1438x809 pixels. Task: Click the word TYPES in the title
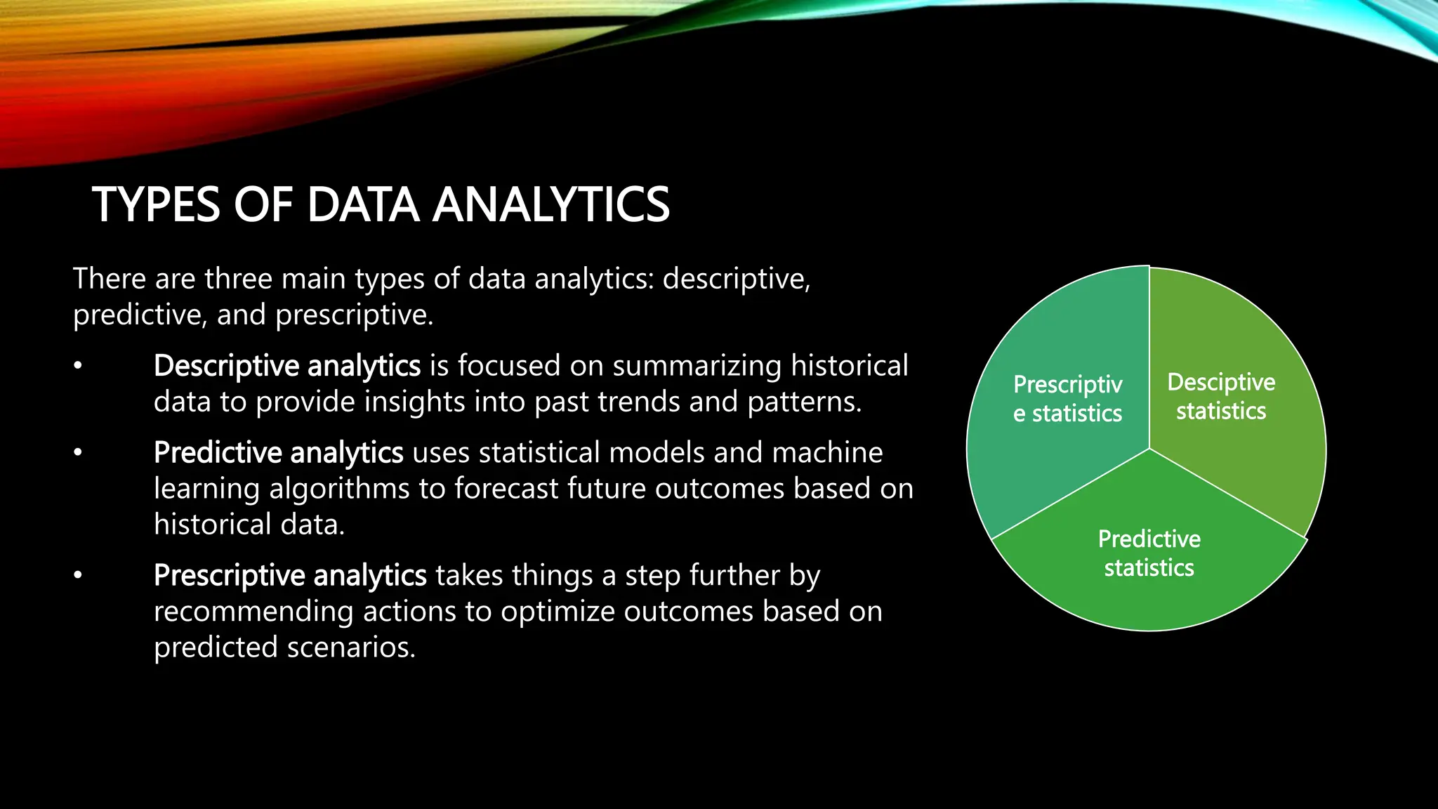pos(156,205)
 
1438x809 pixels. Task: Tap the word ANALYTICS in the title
pos(551,205)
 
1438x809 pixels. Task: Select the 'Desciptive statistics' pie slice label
pos(1221,396)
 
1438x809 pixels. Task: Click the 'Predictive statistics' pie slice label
pos(1149,553)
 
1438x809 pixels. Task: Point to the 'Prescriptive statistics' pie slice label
pos(1067,398)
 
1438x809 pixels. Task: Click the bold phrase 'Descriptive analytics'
pos(286,366)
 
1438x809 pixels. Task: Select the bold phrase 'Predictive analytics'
pos(278,452)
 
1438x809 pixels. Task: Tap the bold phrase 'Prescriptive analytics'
pos(289,575)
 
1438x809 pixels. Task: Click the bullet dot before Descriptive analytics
pos(78,366)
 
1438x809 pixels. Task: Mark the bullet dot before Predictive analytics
pos(78,452)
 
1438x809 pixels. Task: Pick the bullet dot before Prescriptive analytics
pos(78,575)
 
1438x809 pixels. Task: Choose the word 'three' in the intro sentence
pos(238,279)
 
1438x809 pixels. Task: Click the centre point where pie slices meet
pos(1149,449)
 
